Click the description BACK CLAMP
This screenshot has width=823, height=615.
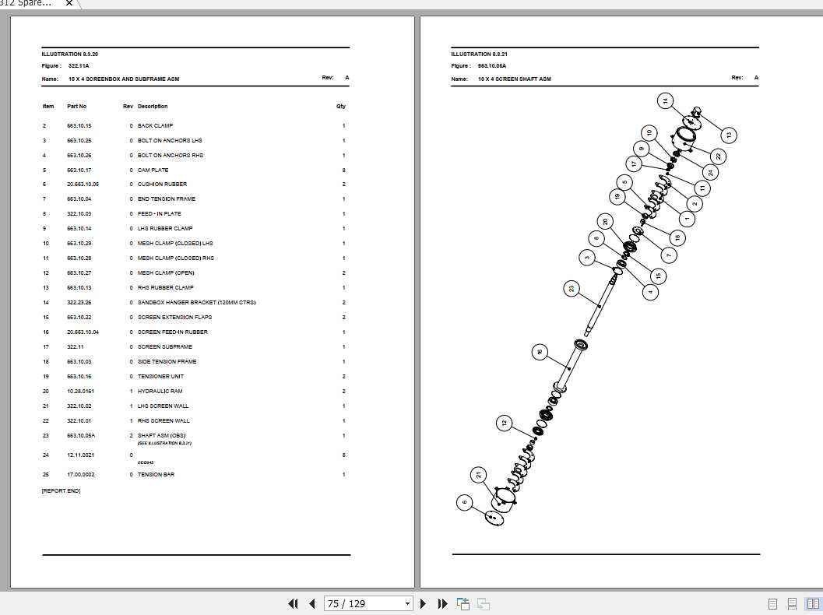click(155, 126)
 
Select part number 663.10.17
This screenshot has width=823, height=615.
click(79, 170)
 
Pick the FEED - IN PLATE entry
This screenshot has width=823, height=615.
click(159, 214)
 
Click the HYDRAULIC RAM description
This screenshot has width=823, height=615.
click(159, 392)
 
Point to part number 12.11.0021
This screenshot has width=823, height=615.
click(80, 455)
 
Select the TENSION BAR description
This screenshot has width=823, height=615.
click(156, 475)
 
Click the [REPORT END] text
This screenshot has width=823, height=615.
click(61, 491)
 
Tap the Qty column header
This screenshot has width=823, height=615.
click(340, 107)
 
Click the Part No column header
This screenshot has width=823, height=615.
click(76, 107)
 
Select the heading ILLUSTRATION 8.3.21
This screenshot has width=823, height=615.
click(479, 54)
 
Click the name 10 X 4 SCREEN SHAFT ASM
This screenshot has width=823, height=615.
click(514, 79)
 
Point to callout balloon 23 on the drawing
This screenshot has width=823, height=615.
click(572, 289)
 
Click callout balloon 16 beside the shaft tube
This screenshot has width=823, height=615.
click(540, 352)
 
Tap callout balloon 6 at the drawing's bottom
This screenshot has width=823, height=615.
click(465, 503)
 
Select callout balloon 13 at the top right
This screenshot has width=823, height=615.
click(728, 135)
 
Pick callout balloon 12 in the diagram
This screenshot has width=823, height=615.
click(504, 423)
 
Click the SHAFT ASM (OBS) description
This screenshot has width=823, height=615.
click(162, 436)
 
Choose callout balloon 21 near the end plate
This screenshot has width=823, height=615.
click(478, 474)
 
